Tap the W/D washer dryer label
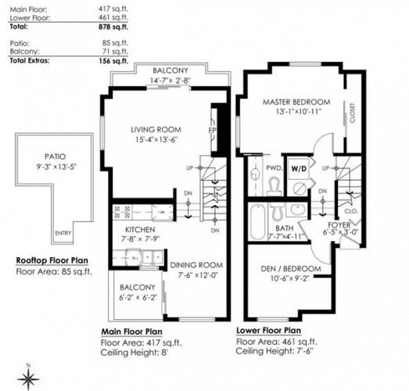point(299,169)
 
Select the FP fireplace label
point(213,130)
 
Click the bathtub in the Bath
point(258,222)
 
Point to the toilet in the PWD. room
point(274,185)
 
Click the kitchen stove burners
point(122,212)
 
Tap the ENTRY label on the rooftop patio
point(63,233)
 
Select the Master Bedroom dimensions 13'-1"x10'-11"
point(298,111)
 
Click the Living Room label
point(156,130)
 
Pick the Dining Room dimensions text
point(198,275)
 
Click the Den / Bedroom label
point(291,268)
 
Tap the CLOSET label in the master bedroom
point(353,113)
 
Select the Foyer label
point(339,224)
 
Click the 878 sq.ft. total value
point(113,27)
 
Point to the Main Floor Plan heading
point(131,332)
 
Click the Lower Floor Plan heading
point(269,331)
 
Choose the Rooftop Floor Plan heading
point(52,260)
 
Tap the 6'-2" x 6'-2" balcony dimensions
point(138,297)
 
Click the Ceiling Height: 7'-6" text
point(274,351)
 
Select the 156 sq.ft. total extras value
point(113,61)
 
